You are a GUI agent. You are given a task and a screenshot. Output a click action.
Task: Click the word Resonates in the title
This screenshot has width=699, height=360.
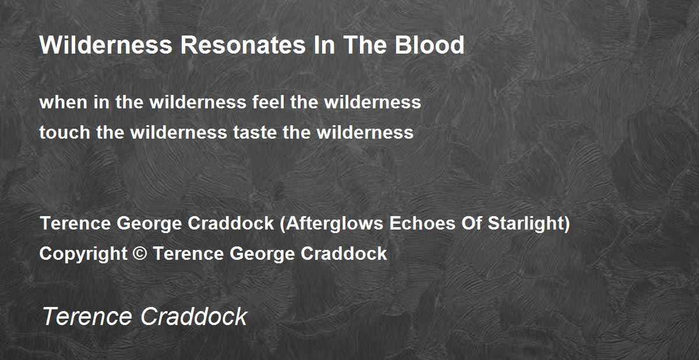click(243, 45)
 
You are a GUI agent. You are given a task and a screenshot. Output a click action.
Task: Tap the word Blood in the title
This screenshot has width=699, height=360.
click(429, 45)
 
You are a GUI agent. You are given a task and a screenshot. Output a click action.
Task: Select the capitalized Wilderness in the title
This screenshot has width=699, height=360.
click(106, 45)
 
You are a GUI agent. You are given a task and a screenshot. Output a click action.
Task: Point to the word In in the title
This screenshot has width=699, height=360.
click(324, 45)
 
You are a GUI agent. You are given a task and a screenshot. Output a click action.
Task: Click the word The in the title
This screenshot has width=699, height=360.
click(365, 45)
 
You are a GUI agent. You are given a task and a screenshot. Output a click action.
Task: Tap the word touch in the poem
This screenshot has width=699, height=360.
click(65, 132)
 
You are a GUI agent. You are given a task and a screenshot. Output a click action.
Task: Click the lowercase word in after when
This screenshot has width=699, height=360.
click(101, 102)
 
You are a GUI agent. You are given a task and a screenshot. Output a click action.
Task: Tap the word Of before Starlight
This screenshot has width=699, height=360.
click(471, 223)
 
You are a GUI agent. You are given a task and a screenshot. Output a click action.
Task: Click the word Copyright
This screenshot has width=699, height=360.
click(83, 253)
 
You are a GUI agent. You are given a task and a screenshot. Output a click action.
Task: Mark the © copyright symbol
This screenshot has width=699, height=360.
click(140, 253)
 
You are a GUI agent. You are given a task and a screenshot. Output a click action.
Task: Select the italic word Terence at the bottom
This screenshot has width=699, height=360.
click(87, 317)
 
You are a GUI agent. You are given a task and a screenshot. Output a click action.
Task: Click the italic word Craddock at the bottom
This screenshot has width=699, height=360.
click(194, 316)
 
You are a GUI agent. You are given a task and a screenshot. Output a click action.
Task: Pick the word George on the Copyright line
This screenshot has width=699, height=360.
click(262, 254)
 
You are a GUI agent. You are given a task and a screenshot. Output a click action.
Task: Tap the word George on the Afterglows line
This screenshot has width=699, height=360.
click(149, 224)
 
